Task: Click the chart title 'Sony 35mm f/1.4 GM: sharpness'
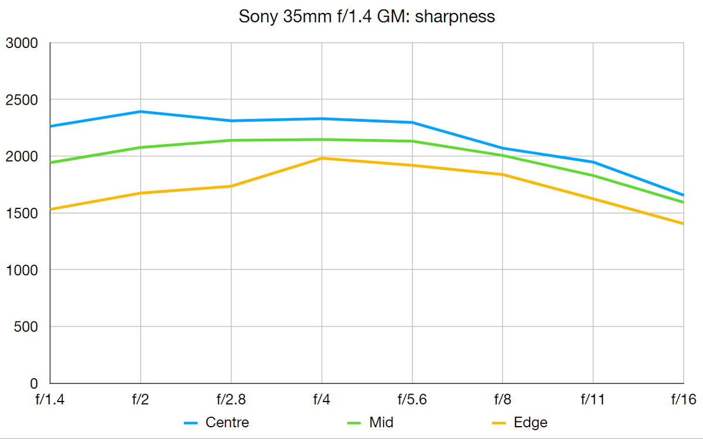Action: click(367, 16)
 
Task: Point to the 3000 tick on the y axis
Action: click(21, 43)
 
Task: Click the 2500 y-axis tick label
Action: click(21, 100)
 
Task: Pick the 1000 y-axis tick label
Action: click(21, 270)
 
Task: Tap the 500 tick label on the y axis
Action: click(26, 327)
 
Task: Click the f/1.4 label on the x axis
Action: click(51, 400)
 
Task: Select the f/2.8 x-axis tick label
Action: click(231, 400)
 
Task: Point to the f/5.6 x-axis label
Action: click(412, 400)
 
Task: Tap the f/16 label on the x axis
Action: click(683, 400)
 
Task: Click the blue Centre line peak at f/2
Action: click(141, 111)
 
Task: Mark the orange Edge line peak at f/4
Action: click(322, 158)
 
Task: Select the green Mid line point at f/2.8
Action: click(231, 140)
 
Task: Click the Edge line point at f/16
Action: click(683, 224)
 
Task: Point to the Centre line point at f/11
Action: click(593, 162)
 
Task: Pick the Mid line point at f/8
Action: click(503, 155)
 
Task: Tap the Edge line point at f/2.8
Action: click(231, 186)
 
